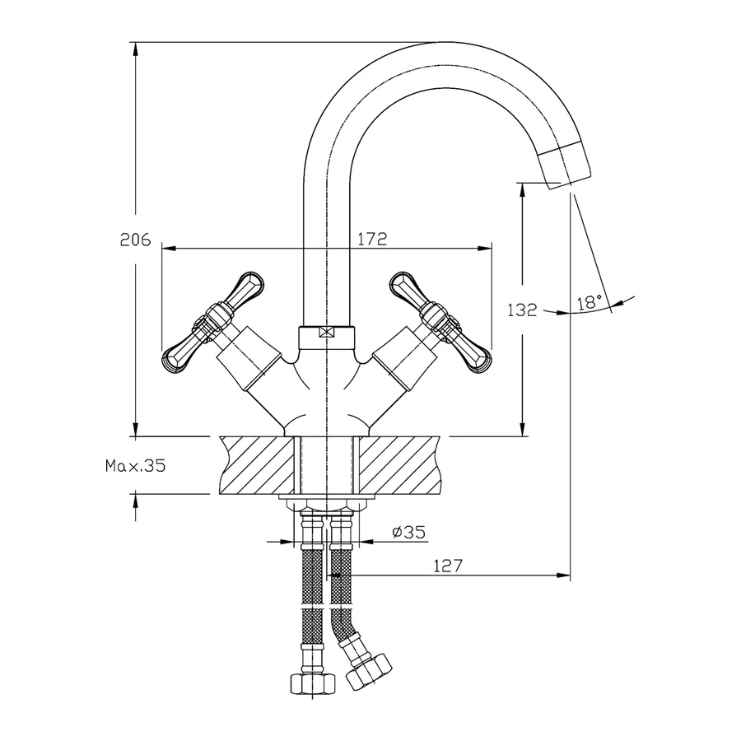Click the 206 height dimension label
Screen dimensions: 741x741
(135, 240)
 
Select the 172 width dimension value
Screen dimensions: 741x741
(372, 239)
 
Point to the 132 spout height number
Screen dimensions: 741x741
(522, 310)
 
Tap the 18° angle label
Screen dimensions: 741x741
(590, 301)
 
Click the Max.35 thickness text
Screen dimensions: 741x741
(136, 466)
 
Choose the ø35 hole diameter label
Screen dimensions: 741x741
(408, 532)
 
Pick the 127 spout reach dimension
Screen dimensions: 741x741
(448, 565)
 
